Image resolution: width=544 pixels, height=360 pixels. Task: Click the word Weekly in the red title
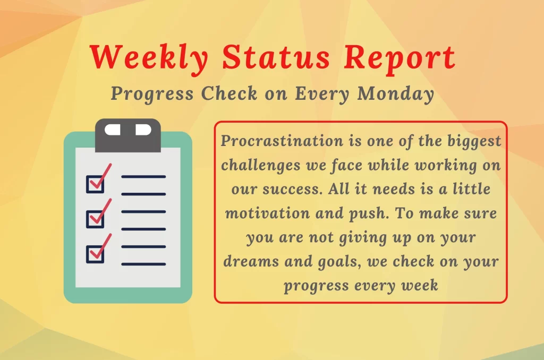pyautogui.click(x=149, y=58)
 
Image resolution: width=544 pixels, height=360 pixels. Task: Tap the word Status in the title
pyautogui.click(x=276, y=57)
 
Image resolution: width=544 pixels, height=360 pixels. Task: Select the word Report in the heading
pyautogui.click(x=399, y=59)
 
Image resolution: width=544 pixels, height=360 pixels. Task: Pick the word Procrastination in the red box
pyautogui.click(x=282, y=141)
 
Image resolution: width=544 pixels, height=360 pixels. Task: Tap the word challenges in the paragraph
pyautogui.click(x=261, y=166)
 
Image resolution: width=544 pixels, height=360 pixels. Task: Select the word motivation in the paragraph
pyautogui.click(x=268, y=213)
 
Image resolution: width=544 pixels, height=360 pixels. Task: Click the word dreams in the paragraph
pyautogui.click(x=251, y=261)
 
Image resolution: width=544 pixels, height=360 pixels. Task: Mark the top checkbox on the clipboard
pyautogui.click(x=95, y=184)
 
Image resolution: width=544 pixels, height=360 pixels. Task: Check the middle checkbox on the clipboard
pyautogui.click(x=95, y=219)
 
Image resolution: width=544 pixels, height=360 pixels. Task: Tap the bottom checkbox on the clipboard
pyautogui.click(x=95, y=254)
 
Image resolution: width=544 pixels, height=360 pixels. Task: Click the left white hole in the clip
pyautogui.click(x=113, y=130)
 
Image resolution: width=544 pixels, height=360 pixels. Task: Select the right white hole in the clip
pyautogui.click(x=143, y=130)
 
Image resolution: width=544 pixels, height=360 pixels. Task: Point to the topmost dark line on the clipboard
pyautogui.click(x=143, y=177)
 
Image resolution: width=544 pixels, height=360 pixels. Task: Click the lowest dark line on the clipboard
pyautogui.click(x=143, y=264)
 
